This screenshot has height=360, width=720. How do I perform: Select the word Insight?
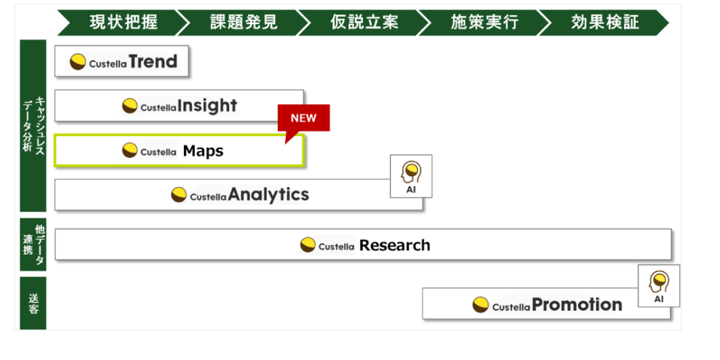[207, 106]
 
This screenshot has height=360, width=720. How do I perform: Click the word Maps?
[203, 151]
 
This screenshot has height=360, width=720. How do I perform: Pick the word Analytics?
[268, 195]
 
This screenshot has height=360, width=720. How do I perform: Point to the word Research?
[394, 246]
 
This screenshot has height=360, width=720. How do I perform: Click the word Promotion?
[577, 305]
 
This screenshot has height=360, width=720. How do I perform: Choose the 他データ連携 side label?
[33, 244]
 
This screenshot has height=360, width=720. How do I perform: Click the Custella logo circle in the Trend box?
[78, 63]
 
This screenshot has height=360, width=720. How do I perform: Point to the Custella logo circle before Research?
[308, 246]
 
